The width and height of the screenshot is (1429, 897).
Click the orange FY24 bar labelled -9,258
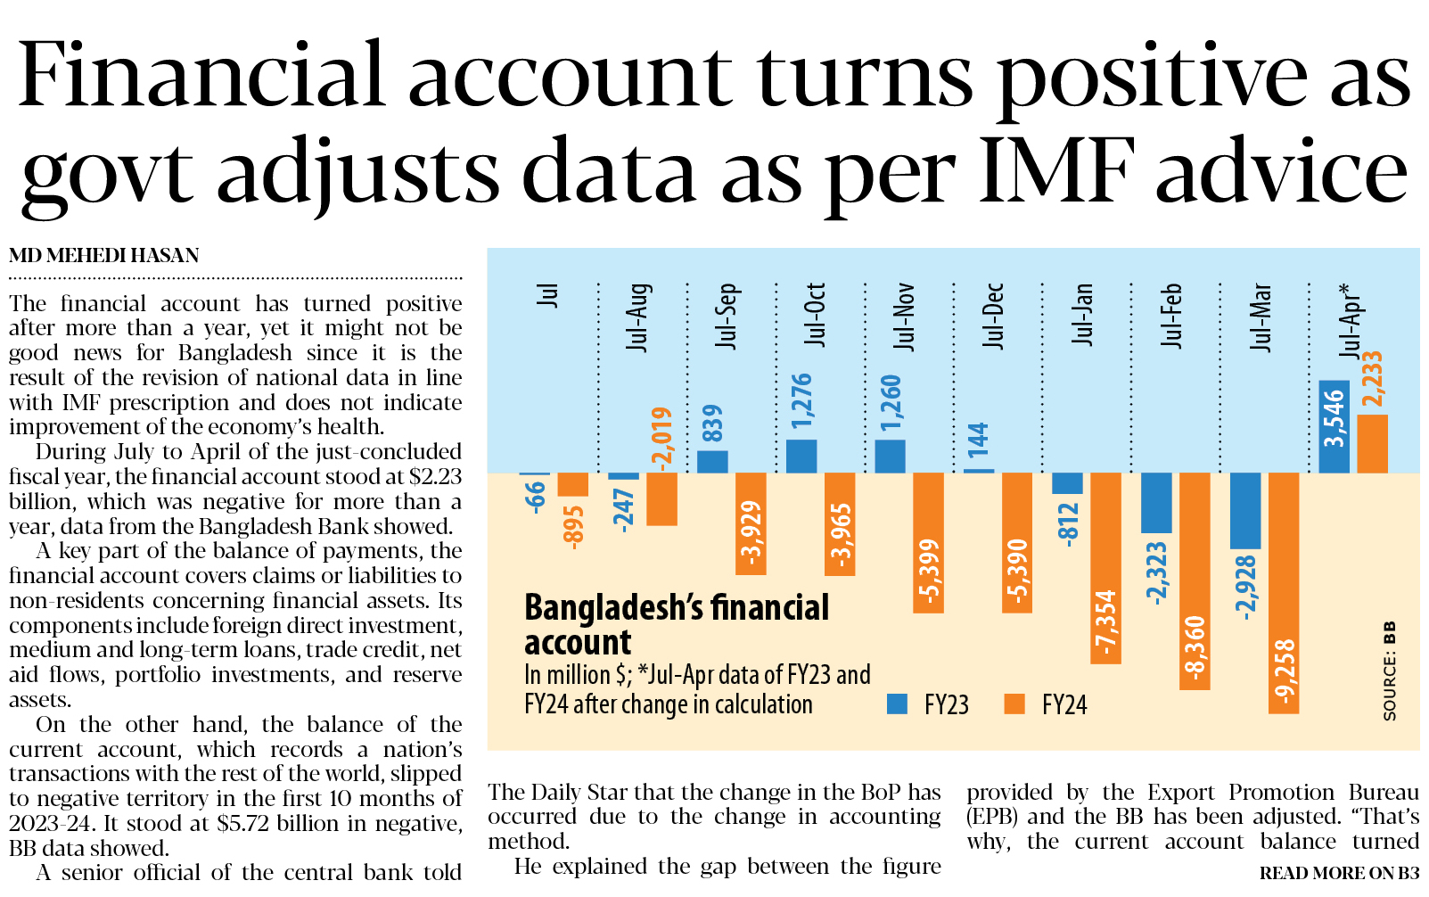pos(1283,593)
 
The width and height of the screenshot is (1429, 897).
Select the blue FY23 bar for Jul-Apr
pos(1334,427)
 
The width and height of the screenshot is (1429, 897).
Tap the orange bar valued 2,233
pos(1372,444)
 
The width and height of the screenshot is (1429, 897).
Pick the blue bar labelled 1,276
pos(801,457)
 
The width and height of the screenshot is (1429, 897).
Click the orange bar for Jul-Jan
pos(1105,568)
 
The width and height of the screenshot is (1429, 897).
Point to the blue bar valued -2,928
pos(1245,511)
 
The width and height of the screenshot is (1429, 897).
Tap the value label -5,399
pos(928,572)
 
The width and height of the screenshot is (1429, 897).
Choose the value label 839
pos(713,424)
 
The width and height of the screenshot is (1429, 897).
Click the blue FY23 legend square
pos(898,704)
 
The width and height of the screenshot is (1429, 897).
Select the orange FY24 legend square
pos(1014,704)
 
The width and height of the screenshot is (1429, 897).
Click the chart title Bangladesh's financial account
pos(676,624)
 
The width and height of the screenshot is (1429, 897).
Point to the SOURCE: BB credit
pos(1389,671)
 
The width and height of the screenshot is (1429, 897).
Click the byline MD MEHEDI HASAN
pos(103,256)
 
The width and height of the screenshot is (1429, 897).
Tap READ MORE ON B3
pos(1338,873)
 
